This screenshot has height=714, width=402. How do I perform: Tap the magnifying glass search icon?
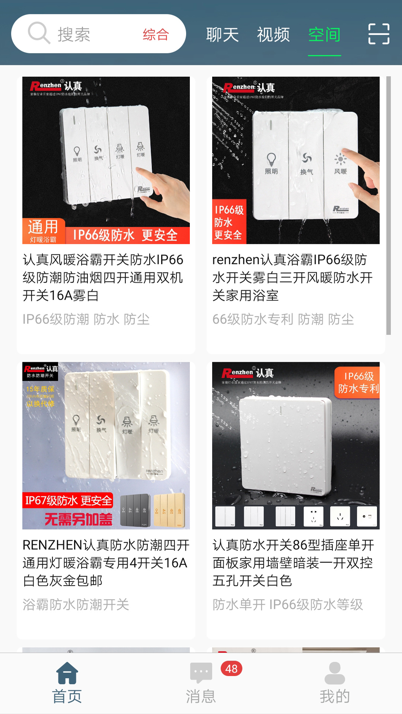pyautogui.click(x=39, y=33)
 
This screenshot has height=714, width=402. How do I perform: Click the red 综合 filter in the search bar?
pyautogui.click(x=156, y=35)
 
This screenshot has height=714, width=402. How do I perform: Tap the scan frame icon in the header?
pyautogui.click(x=379, y=34)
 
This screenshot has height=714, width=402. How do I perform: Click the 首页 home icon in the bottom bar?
pyautogui.click(x=67, y=673)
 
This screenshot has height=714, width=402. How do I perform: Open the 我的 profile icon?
pyautogui.click(x=335, y=673)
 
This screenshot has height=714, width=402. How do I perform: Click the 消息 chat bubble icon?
pyautogui.click(x=201, y=673)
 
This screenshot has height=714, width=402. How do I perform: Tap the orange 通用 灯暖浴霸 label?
pyautogui.click(x=44, y=231)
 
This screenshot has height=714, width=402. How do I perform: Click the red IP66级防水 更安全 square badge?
pyautogui.click(x=229, y=222)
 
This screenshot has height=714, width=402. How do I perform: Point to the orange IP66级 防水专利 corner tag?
pyautogui.click(x=358, y=383)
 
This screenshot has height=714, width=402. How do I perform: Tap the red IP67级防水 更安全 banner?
pyautogui.click(x=68, y=501)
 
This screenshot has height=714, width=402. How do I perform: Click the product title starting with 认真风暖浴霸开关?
pyautogui.click(x=103, y=277)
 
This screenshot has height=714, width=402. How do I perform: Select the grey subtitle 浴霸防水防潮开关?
pyautogui.click(x=76, y=605)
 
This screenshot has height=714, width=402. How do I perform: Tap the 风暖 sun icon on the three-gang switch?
pyautogui.click(x=340, y=160)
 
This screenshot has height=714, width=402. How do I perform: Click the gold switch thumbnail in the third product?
pyautogui.click(x=169, y=510)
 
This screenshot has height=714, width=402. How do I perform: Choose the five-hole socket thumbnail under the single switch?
pyautogui.click(x=313, y=516)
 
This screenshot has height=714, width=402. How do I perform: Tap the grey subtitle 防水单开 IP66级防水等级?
pyautogui.click(x=288, y=605)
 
